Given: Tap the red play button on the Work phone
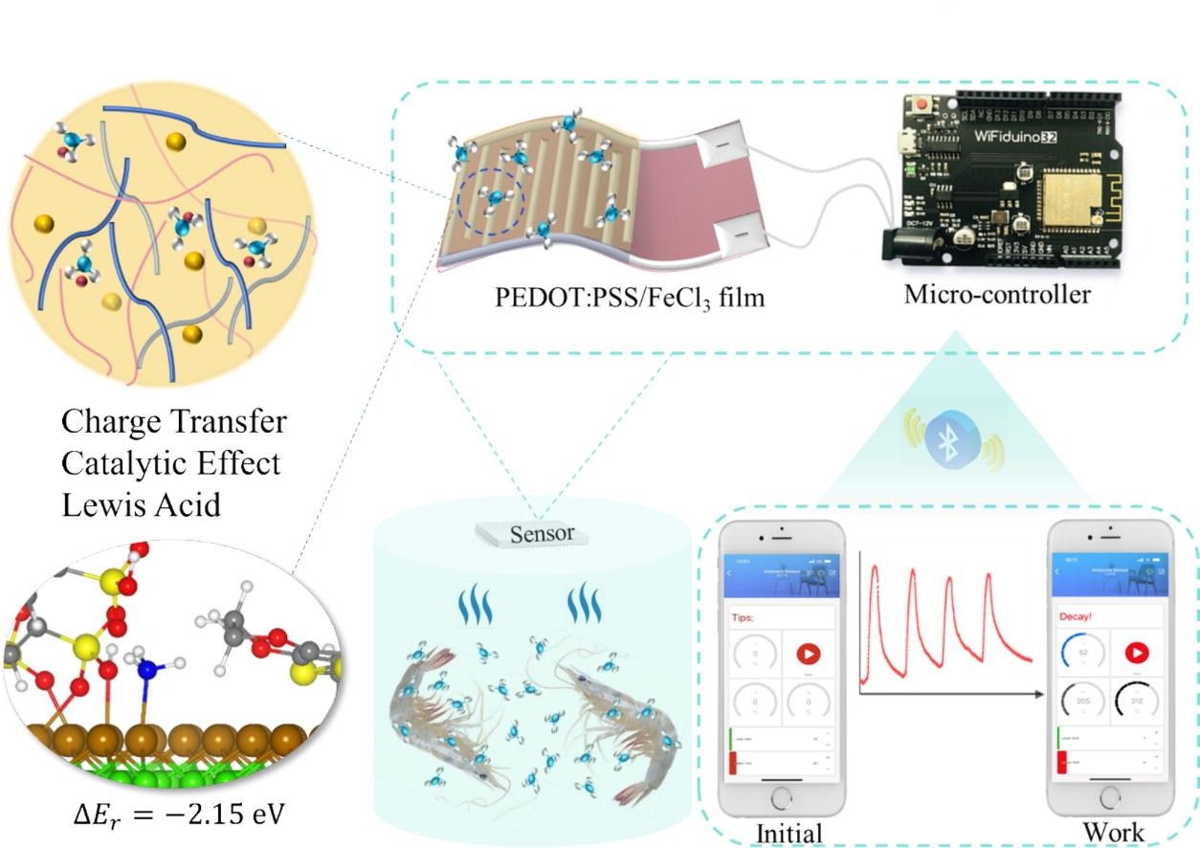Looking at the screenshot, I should coord(1137,654).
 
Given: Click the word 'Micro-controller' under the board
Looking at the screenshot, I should coord(996,294).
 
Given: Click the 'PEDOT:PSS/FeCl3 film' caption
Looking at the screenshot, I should coord(631,298).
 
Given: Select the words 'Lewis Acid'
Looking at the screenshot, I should coord(142,504).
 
